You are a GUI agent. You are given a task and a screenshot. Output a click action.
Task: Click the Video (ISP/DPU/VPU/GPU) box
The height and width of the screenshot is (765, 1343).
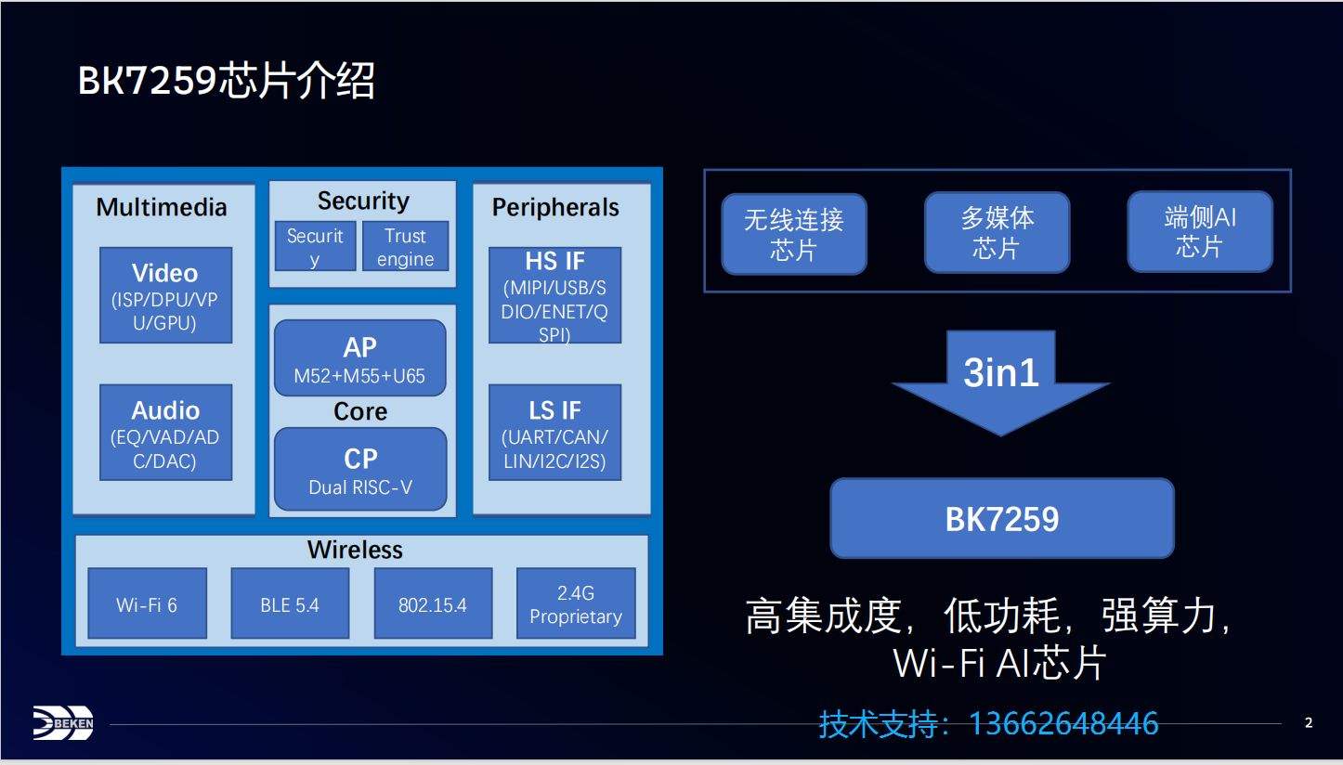pos(165,295)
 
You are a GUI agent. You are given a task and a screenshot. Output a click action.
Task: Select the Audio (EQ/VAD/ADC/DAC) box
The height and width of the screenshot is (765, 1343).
pos(165,433)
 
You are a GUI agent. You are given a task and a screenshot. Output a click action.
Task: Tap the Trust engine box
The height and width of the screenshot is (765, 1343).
pos(405,246)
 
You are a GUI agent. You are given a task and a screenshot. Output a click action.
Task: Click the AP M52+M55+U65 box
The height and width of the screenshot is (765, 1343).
pos(359,358)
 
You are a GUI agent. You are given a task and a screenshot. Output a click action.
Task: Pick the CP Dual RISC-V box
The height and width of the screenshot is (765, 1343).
pos(360,469)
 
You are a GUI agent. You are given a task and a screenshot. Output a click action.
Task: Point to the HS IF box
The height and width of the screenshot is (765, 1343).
pos(554,295)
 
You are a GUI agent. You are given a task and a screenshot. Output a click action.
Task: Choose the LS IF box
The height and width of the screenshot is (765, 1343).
pos(554,433)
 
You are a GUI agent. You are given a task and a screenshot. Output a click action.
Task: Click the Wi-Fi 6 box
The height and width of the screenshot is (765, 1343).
pos(147,603)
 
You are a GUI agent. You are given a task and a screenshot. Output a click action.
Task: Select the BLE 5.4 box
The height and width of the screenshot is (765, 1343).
pos(290,603)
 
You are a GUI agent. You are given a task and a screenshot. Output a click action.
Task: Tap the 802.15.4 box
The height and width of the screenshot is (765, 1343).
pos(433,603)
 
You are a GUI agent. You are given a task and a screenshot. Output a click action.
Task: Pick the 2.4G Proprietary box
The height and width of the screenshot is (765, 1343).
pos(576,603)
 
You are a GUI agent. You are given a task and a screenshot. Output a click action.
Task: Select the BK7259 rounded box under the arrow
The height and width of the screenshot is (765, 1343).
pos(1002,518)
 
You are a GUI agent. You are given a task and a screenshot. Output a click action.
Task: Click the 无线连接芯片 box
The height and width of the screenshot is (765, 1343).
pos(794,234)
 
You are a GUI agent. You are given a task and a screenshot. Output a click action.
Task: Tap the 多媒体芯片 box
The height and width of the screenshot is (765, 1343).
pos(997,233)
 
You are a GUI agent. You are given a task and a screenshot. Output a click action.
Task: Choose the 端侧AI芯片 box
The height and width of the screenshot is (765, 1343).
pos(1200,231)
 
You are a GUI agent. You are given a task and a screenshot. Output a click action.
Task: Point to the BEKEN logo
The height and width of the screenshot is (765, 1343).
pos(63,723)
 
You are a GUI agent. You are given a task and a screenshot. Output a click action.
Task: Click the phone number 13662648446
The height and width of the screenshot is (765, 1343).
pos(1063,723)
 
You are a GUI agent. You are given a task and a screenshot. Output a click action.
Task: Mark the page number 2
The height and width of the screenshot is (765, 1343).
pos(1309,722)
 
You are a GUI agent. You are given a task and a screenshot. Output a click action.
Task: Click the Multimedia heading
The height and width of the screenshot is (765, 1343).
pos(162,207)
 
